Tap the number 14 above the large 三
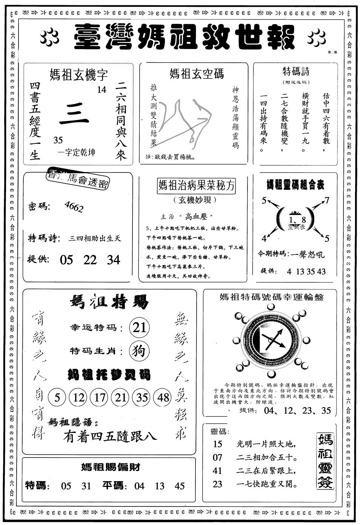101,90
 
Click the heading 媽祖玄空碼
196,73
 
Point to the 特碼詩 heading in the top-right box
296,72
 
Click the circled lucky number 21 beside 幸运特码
139,327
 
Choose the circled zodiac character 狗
139,351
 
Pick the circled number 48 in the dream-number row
164,397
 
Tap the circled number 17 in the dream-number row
100,397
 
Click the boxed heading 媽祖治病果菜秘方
196,186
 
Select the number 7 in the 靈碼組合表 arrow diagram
327,200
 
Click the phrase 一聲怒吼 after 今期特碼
308,254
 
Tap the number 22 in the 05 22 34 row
90,260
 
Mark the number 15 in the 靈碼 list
218,444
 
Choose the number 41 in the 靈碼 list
218,471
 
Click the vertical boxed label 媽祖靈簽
325,461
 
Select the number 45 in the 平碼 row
180,486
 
